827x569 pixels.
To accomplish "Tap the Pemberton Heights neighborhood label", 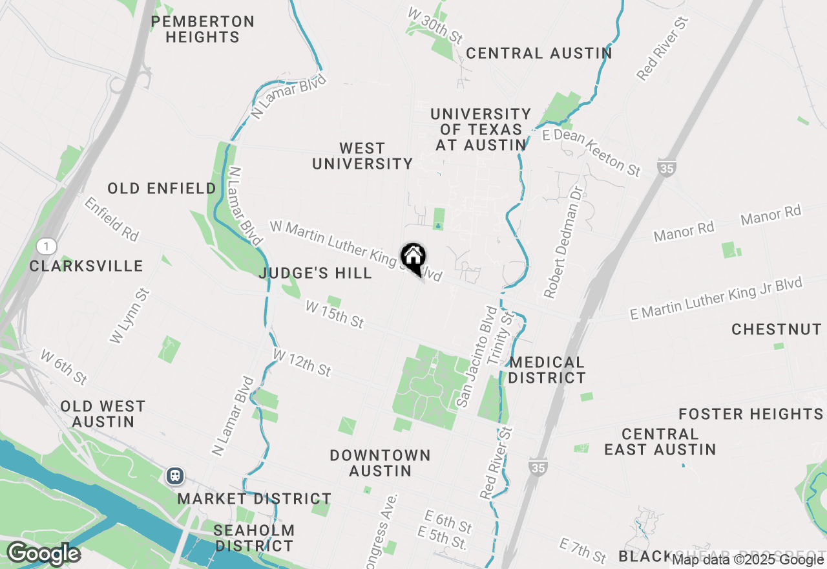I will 202,30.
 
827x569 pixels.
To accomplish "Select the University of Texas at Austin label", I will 481,130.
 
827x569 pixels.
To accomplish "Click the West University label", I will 362,156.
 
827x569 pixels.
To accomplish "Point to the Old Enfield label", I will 162,189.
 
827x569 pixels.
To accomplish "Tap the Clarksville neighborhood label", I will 86,266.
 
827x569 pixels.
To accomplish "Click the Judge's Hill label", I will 315,274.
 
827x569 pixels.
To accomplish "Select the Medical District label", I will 547,370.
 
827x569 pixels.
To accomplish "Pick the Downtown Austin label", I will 380,463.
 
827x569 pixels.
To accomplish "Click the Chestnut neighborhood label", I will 777,330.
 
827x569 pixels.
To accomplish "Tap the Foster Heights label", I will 751,414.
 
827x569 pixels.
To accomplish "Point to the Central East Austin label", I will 660,442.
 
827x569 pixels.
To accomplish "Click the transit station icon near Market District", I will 174,477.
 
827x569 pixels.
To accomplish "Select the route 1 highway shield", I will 47,246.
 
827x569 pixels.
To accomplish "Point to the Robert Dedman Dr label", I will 564,243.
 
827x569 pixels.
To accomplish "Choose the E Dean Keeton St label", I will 592,153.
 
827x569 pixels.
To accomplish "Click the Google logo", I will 43,554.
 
